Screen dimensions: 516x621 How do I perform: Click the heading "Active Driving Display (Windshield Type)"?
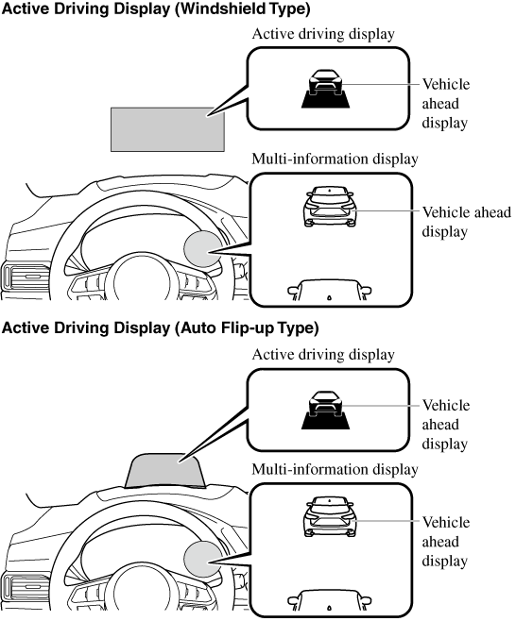[x=156, y=8]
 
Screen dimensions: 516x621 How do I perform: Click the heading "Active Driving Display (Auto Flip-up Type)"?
[x=160, y=328]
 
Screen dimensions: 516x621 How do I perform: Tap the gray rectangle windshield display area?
[x=167, y=129]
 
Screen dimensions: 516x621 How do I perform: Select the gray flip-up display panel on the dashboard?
[x=164, y=471]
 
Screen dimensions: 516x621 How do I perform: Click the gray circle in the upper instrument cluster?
[x=203, y=249]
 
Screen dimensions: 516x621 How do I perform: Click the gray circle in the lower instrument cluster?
[x=203, y=559]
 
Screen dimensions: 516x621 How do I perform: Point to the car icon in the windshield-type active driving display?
[x=326, y=89]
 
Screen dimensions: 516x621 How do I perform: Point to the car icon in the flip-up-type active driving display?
[x=326, y=411]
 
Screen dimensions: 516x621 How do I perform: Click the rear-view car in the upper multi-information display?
[x=330, y=207]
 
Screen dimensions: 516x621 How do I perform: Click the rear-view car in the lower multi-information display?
[x=330, y=516]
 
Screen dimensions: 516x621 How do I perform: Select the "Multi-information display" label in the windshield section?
[x=335, y=159]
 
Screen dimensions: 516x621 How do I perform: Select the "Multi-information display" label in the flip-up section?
[x=335, y=469]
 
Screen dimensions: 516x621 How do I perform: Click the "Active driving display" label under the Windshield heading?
[x=323, y=34]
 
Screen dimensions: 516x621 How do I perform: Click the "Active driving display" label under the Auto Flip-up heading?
[x=323, y=355]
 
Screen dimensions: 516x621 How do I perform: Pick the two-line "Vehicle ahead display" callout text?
[x=467, y=222]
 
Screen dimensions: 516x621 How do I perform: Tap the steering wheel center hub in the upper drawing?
[x=142, y=279]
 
